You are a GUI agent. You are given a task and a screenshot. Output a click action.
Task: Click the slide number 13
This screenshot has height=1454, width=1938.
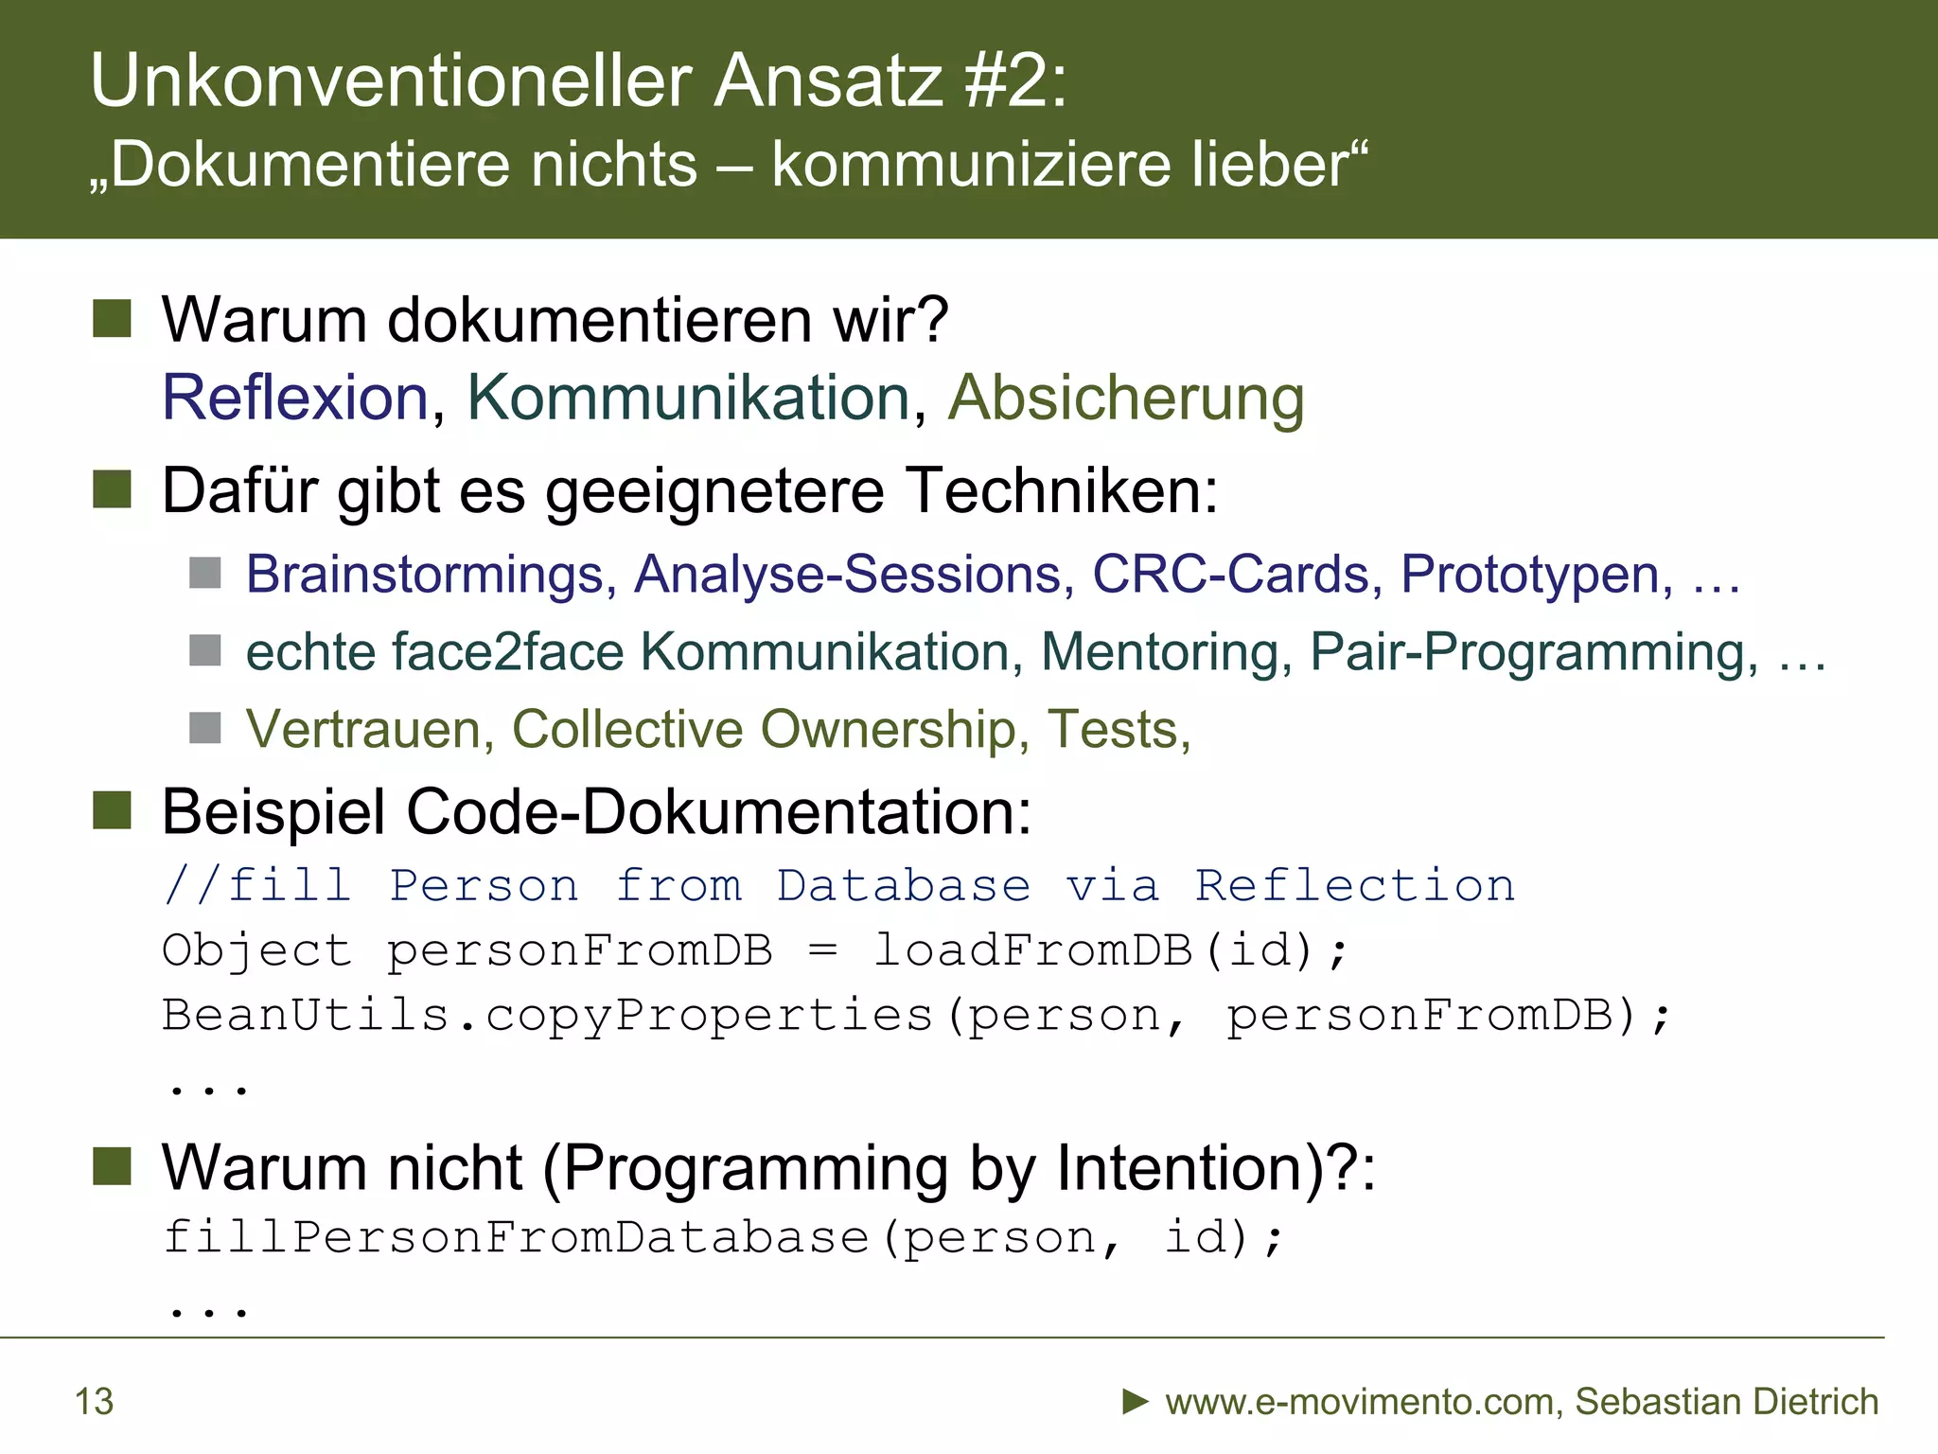point(94,1402)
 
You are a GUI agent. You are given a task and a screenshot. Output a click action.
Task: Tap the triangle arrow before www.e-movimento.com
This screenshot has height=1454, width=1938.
point(1135,1401)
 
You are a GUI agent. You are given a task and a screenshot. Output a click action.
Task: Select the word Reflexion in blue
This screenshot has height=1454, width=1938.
point(295,398)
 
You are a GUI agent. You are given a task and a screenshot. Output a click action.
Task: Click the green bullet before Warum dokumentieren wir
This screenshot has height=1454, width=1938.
point(112,319)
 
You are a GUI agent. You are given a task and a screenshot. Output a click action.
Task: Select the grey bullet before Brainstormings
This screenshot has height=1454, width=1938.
point(205,573)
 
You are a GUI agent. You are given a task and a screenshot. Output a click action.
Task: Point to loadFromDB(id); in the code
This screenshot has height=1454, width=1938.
point(1109,950)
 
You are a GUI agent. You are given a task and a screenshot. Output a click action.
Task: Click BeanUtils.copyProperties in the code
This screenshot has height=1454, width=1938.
point(547,1016)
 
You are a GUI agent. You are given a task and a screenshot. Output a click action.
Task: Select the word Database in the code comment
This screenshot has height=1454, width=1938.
point(903,886)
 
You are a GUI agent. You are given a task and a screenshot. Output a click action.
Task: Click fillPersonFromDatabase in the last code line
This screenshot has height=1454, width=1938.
point(516,1237)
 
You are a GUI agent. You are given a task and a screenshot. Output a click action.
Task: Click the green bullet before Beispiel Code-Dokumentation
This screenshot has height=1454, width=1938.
point(112,811)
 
